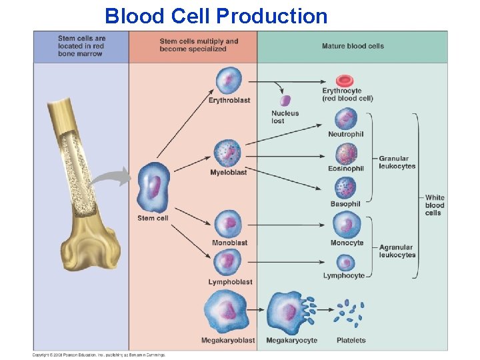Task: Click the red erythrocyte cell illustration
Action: pyautogui.click(x=345, y=80)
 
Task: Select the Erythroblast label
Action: pyautogui.click(x=229, y=101)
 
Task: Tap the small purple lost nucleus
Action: pyautogui.click(x=285, y=101)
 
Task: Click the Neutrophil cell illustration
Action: pyautogui.click(x=346, y=119)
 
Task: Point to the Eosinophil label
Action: pyautogui.click(x=346, y=169)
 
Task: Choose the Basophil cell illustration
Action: pyautogui.click(x=346, y=188)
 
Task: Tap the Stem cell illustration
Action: pyautogui.click(x=153, y=187)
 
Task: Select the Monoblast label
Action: pyautogui.click(x=229, y=243)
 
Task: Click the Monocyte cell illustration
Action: pyautogui.click(x=347, y=225)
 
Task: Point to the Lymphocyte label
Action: pyautogui.click(x=344, y=275)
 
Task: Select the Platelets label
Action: pyautogui.click(x=351, y=341)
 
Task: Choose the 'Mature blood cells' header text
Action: pyautogui.click(x=353, y=46)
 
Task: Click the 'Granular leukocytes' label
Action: pyautogui.click(x=397, y=163)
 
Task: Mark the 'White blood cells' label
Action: pyautogui.click(x=434, y=205)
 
